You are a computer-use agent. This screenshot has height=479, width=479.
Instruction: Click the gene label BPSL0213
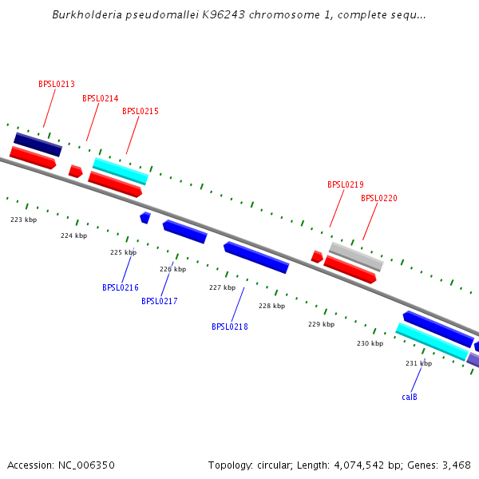point(57,84)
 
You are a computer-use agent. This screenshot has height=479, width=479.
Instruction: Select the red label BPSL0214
point(101,98)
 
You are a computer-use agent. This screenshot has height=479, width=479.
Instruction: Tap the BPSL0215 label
point(141,111)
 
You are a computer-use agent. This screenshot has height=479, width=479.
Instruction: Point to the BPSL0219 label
point(346,184)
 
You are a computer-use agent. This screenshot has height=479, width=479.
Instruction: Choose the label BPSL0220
point(379,198)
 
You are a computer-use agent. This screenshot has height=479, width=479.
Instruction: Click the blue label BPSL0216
point(121,287)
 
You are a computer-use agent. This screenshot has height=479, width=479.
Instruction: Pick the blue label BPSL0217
point(160,301)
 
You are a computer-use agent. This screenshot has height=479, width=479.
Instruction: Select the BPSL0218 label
point(230,327)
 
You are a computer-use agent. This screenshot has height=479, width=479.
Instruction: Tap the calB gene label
point(410,397)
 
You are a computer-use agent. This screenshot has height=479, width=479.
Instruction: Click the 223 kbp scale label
point(24,220)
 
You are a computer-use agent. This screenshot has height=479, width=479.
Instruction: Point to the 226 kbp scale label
point(173,269)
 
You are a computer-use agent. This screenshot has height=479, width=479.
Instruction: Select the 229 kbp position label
point(321,324)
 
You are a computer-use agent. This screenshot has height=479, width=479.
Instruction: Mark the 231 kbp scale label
point(418,363)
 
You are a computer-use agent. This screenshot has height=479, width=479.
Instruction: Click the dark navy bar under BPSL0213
point(38,144)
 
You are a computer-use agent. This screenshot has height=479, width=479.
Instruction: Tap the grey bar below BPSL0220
point(356,256)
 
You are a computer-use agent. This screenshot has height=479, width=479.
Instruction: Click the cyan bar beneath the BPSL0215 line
point(121,171)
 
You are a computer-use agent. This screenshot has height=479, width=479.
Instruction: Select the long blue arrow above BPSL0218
point(256,258)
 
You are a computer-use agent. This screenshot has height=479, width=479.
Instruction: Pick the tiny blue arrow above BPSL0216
point(145,217)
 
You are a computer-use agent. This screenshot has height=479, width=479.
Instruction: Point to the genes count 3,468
point(455,465)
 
